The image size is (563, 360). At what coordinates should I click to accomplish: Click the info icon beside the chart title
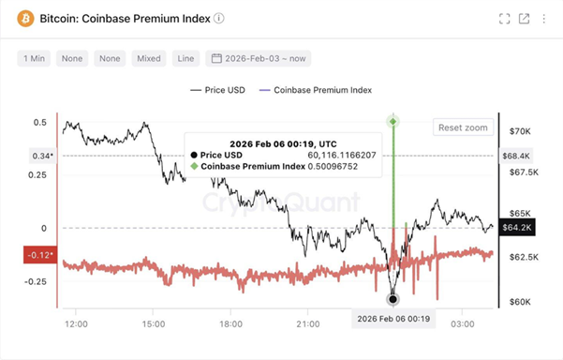[x=219, y=19]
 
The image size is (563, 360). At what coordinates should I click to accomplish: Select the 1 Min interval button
[x=34, y=58]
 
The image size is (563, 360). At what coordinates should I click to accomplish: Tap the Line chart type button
[x=185, y=58]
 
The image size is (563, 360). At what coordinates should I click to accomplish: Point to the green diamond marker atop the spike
[x=393, y=121]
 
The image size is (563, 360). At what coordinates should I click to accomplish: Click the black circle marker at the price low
[x=393, y=299]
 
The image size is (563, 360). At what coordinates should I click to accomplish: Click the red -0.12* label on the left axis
[x=39, y=254]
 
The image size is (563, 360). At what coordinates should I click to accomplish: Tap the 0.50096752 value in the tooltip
[x=333, y=166]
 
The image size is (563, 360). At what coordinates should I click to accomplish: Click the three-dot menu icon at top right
[x=545, y=19]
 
